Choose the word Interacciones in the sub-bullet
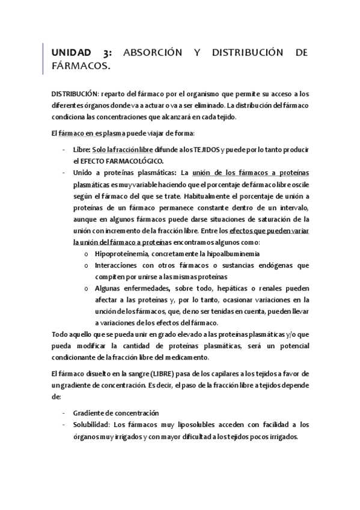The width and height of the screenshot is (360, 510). [118, 265]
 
